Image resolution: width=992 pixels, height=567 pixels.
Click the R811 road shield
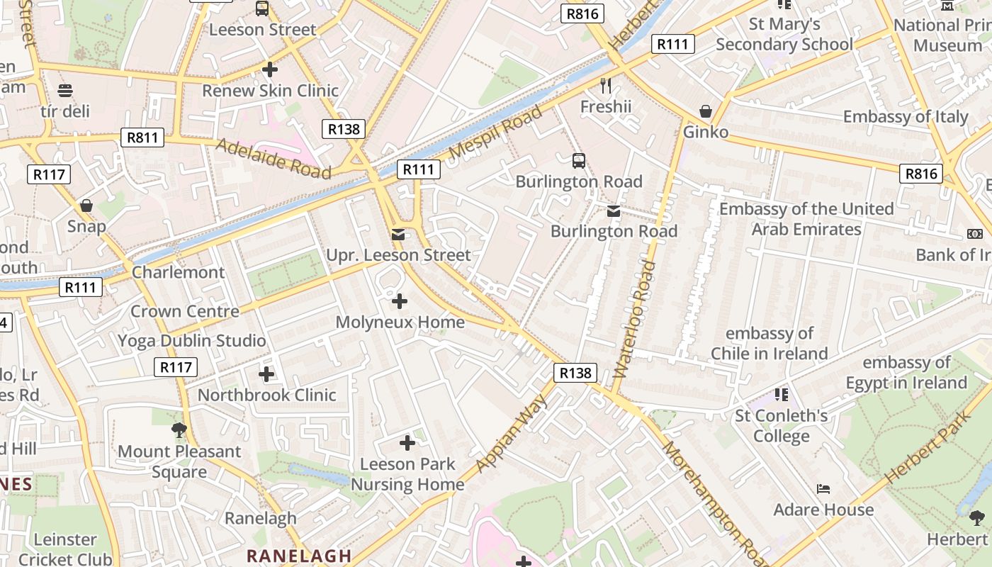(142, 137)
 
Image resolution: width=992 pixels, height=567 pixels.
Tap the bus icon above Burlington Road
(579, 161)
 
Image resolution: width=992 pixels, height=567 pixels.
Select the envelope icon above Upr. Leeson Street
(398, 235)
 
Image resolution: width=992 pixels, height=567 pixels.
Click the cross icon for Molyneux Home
(400, 301)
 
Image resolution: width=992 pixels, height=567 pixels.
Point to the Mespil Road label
(496, 133)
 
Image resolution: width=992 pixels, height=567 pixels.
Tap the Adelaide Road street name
(273, 158)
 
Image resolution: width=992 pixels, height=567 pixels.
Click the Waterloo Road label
(636, 318)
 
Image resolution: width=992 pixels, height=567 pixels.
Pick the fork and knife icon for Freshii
(605, 86)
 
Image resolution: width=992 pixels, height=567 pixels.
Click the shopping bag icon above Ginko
(706, 111)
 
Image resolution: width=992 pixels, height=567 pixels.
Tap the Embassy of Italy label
(905, 116)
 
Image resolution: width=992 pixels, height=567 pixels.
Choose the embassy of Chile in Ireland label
(769, 343)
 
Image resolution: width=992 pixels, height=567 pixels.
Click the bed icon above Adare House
(823, 489)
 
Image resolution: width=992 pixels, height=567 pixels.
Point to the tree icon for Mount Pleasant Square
(179, 430)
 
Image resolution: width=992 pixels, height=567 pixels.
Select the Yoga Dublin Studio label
(192, 340)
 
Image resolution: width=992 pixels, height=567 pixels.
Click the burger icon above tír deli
(65, 91)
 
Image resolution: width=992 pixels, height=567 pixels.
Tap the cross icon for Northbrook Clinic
(266, 374)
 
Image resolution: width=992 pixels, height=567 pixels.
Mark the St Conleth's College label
(781, 425)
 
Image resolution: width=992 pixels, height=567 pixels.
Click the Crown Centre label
(185, 311)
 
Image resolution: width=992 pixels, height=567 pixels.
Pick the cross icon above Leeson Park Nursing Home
(407, 443)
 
